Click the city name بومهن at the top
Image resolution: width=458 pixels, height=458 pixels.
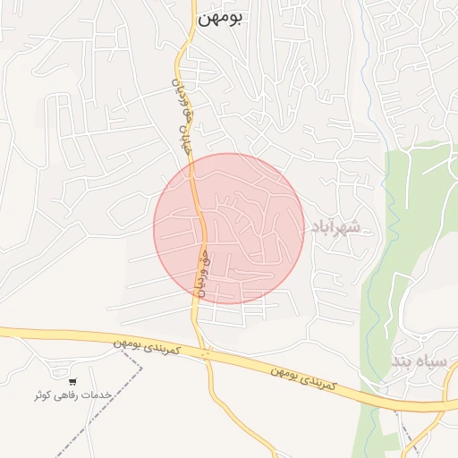223,17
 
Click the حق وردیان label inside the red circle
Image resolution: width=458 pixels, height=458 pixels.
203,274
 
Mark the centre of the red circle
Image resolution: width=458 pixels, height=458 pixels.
229,228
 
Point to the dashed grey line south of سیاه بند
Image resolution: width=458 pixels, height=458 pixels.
407,438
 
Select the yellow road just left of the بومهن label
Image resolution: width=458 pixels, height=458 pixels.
188,27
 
